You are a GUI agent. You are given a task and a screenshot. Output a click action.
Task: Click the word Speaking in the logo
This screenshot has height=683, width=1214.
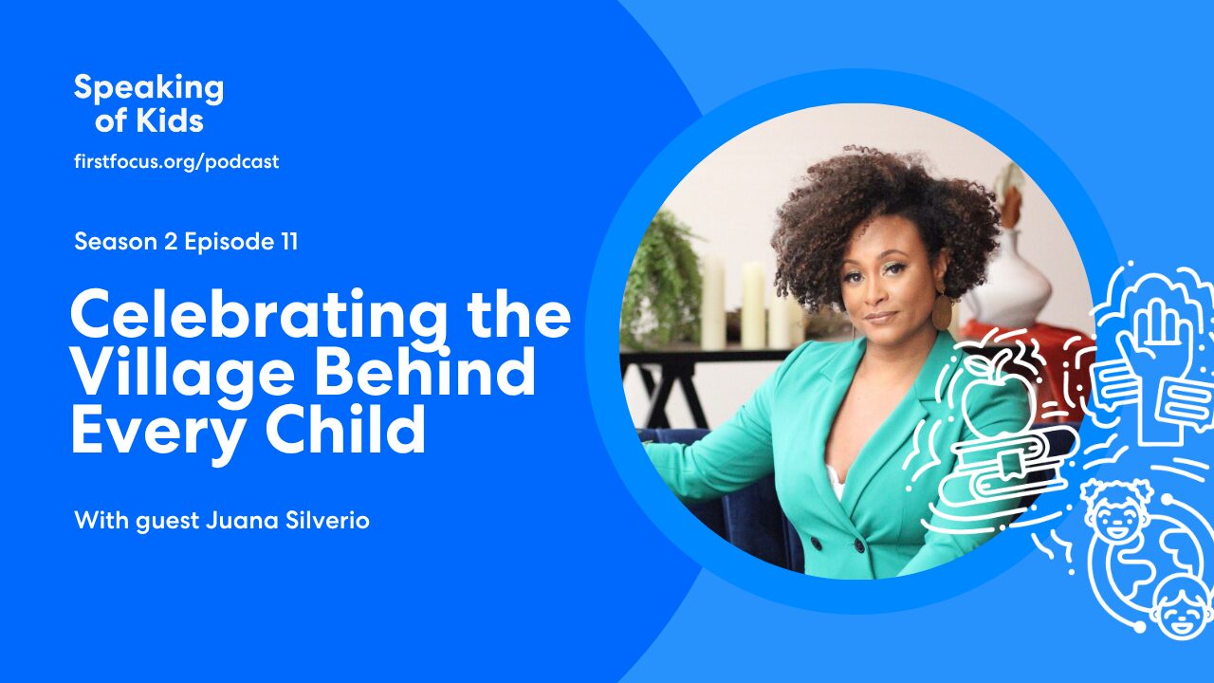tap(149, 88)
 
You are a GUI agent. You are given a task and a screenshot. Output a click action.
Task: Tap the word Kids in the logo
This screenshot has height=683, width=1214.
tap(170, 120)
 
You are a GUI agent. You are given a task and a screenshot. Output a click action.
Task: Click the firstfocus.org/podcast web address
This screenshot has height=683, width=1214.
tap(176, 161)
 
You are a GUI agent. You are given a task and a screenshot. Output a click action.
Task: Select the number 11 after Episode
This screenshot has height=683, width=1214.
tap(290, 242)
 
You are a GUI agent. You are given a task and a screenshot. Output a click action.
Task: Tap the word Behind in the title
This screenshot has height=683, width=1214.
tap(425, 370)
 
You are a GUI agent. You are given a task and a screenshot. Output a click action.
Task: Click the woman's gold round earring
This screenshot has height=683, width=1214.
tap(942, 312)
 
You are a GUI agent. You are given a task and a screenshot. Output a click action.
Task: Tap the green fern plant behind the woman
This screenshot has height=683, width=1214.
tap(662, 276)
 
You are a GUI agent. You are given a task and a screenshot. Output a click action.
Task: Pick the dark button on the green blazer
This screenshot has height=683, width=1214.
tap(859, 545)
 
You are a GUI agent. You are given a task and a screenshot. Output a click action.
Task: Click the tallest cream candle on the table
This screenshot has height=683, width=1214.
tap(753, 305)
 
